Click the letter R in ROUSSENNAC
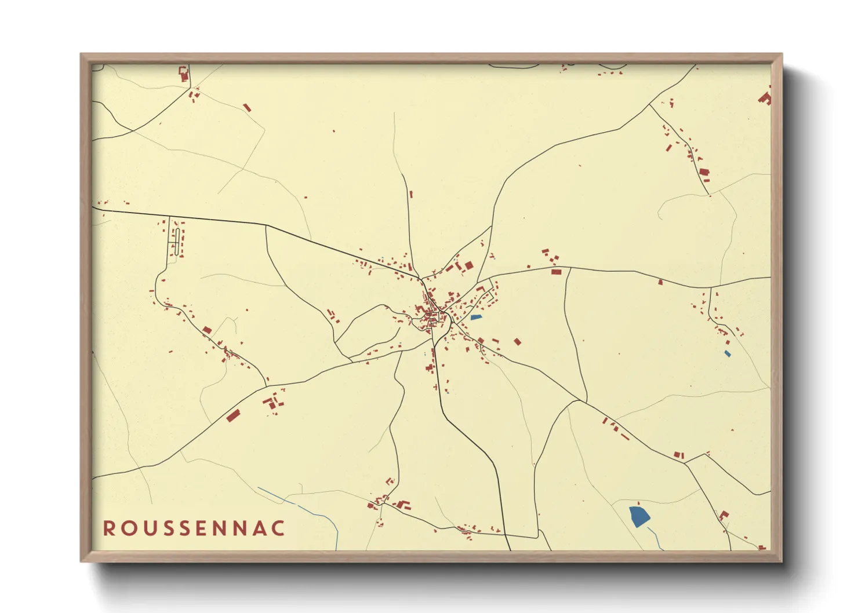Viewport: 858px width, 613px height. pos(108,528)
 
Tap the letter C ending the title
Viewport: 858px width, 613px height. pos(279,528)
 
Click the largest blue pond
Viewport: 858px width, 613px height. pos(639,515)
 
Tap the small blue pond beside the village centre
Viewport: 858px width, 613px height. pos(476,318)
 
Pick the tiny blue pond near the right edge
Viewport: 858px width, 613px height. pos(728,353)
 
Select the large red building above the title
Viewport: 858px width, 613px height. pos(233,416)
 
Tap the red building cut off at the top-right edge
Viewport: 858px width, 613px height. pos(766,98)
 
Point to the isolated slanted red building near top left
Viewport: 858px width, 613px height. pos(247,108)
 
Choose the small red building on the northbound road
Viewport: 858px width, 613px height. pos(411,195)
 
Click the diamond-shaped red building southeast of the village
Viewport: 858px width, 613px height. pos(518,342)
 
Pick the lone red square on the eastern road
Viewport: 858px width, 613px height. pos(660,282)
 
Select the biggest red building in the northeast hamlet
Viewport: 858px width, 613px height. pos(704,172)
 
